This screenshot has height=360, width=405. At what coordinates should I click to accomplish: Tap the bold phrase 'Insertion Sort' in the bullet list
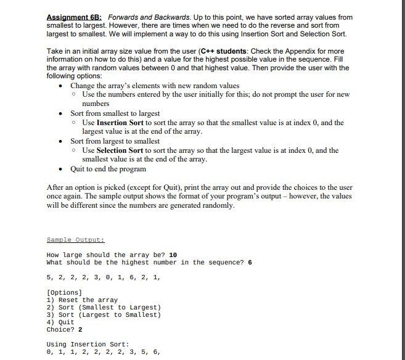(x=120, y=123)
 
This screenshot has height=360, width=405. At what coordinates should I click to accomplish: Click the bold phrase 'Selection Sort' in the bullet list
(x=120, y=150)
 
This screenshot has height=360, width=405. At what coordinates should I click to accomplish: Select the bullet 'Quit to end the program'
(x=108, y=169)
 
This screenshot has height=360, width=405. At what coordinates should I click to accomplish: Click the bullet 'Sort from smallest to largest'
(x=115, y=113)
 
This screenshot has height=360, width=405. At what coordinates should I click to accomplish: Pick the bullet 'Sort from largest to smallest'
(x=115, y=141)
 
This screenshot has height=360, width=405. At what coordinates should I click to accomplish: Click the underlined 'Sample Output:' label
(x=75, y=240)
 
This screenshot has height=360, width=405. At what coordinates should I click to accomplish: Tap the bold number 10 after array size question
(x=173, y=255)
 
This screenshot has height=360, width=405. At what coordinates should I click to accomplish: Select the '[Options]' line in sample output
(x=64, y=292)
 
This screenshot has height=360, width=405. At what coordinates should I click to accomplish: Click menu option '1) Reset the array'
(x=82, y=300)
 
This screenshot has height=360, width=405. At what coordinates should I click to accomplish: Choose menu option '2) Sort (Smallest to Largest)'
(x=104, y=307)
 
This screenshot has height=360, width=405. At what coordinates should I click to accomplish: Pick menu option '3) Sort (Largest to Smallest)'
(x=104, y=314)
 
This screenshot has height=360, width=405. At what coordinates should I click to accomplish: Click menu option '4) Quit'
(x=60, y=322)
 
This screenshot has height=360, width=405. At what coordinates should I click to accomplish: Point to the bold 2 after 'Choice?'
(x=80, y=329)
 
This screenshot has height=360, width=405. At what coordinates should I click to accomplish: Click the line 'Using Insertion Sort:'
(x=88, y=344)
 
